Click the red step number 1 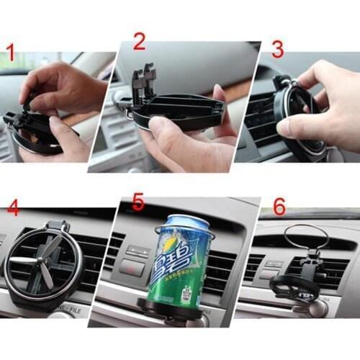click(10, 53)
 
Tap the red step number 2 click(139, 42)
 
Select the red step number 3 click(277, 49)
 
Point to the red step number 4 click(13, 209)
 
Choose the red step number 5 click(138, 203)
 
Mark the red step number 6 click(279, 207)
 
